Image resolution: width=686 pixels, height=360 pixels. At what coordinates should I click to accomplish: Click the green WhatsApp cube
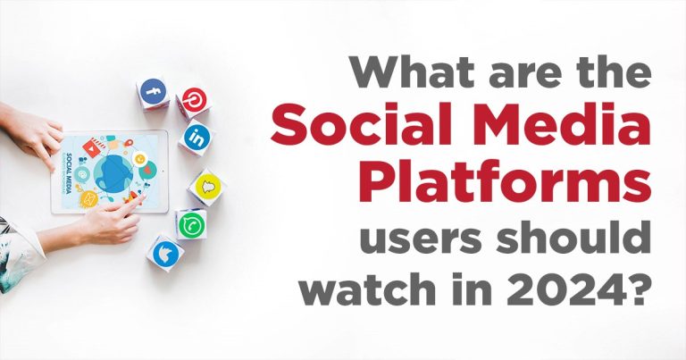(190, 224)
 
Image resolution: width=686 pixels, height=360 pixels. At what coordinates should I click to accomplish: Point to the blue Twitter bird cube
(165, 253)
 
